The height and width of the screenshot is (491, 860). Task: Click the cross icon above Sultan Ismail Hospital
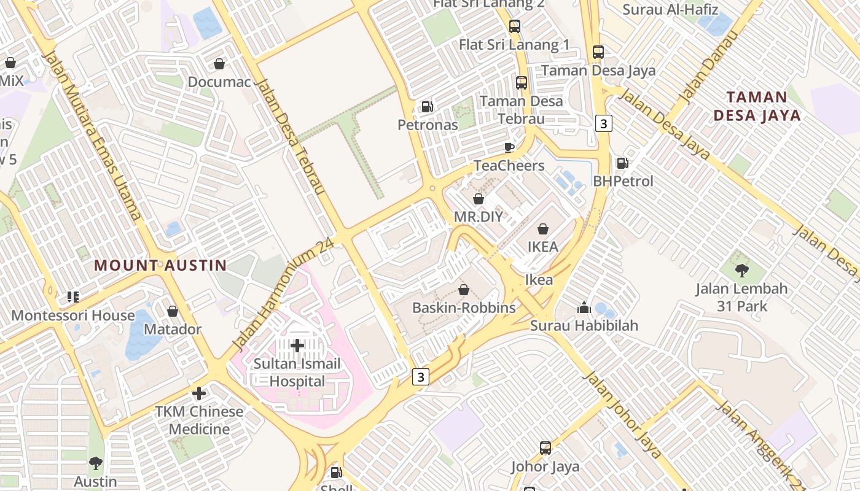tap(297, 346)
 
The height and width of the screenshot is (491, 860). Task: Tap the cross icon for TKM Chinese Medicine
tap(198, 393)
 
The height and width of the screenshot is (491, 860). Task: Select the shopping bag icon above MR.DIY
tap(479, 199)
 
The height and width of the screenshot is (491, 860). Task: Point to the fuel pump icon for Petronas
tap(427, 107)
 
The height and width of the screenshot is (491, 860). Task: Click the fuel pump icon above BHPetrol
tap(622, 163)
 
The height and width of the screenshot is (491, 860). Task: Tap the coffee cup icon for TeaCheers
tap(509, 147)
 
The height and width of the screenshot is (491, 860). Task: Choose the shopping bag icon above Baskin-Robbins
tap(464, 290)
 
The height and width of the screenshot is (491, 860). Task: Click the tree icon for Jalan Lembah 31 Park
tap(742, 270)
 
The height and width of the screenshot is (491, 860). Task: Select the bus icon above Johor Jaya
tap(545, 448)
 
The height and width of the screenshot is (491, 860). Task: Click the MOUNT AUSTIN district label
tap(160, 266)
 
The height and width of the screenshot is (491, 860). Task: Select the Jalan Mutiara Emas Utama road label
tap(92, 135)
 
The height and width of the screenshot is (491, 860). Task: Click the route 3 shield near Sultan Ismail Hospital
tap(420, 377)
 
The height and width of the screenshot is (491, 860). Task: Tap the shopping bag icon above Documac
tap(219, 64)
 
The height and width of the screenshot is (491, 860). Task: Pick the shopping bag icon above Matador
tap(173, 311)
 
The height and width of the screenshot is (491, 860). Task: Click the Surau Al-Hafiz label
tap(670, 10)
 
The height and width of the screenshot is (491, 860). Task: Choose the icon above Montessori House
tap(73, 297)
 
